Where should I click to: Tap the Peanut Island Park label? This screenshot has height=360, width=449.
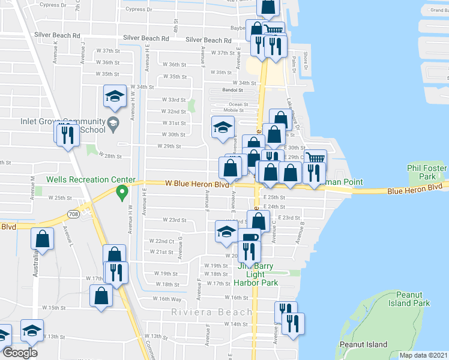[413, 299]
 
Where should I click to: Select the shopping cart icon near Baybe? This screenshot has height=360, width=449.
[274, 30]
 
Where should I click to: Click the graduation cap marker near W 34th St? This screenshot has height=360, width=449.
[114, 96]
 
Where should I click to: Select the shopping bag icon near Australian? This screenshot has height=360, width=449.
[43, 238]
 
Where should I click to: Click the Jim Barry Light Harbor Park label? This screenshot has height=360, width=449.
[255, 274]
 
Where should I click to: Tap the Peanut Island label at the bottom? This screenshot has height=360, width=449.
[363, 344]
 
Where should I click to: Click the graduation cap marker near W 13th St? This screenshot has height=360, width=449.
[32, 330]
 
